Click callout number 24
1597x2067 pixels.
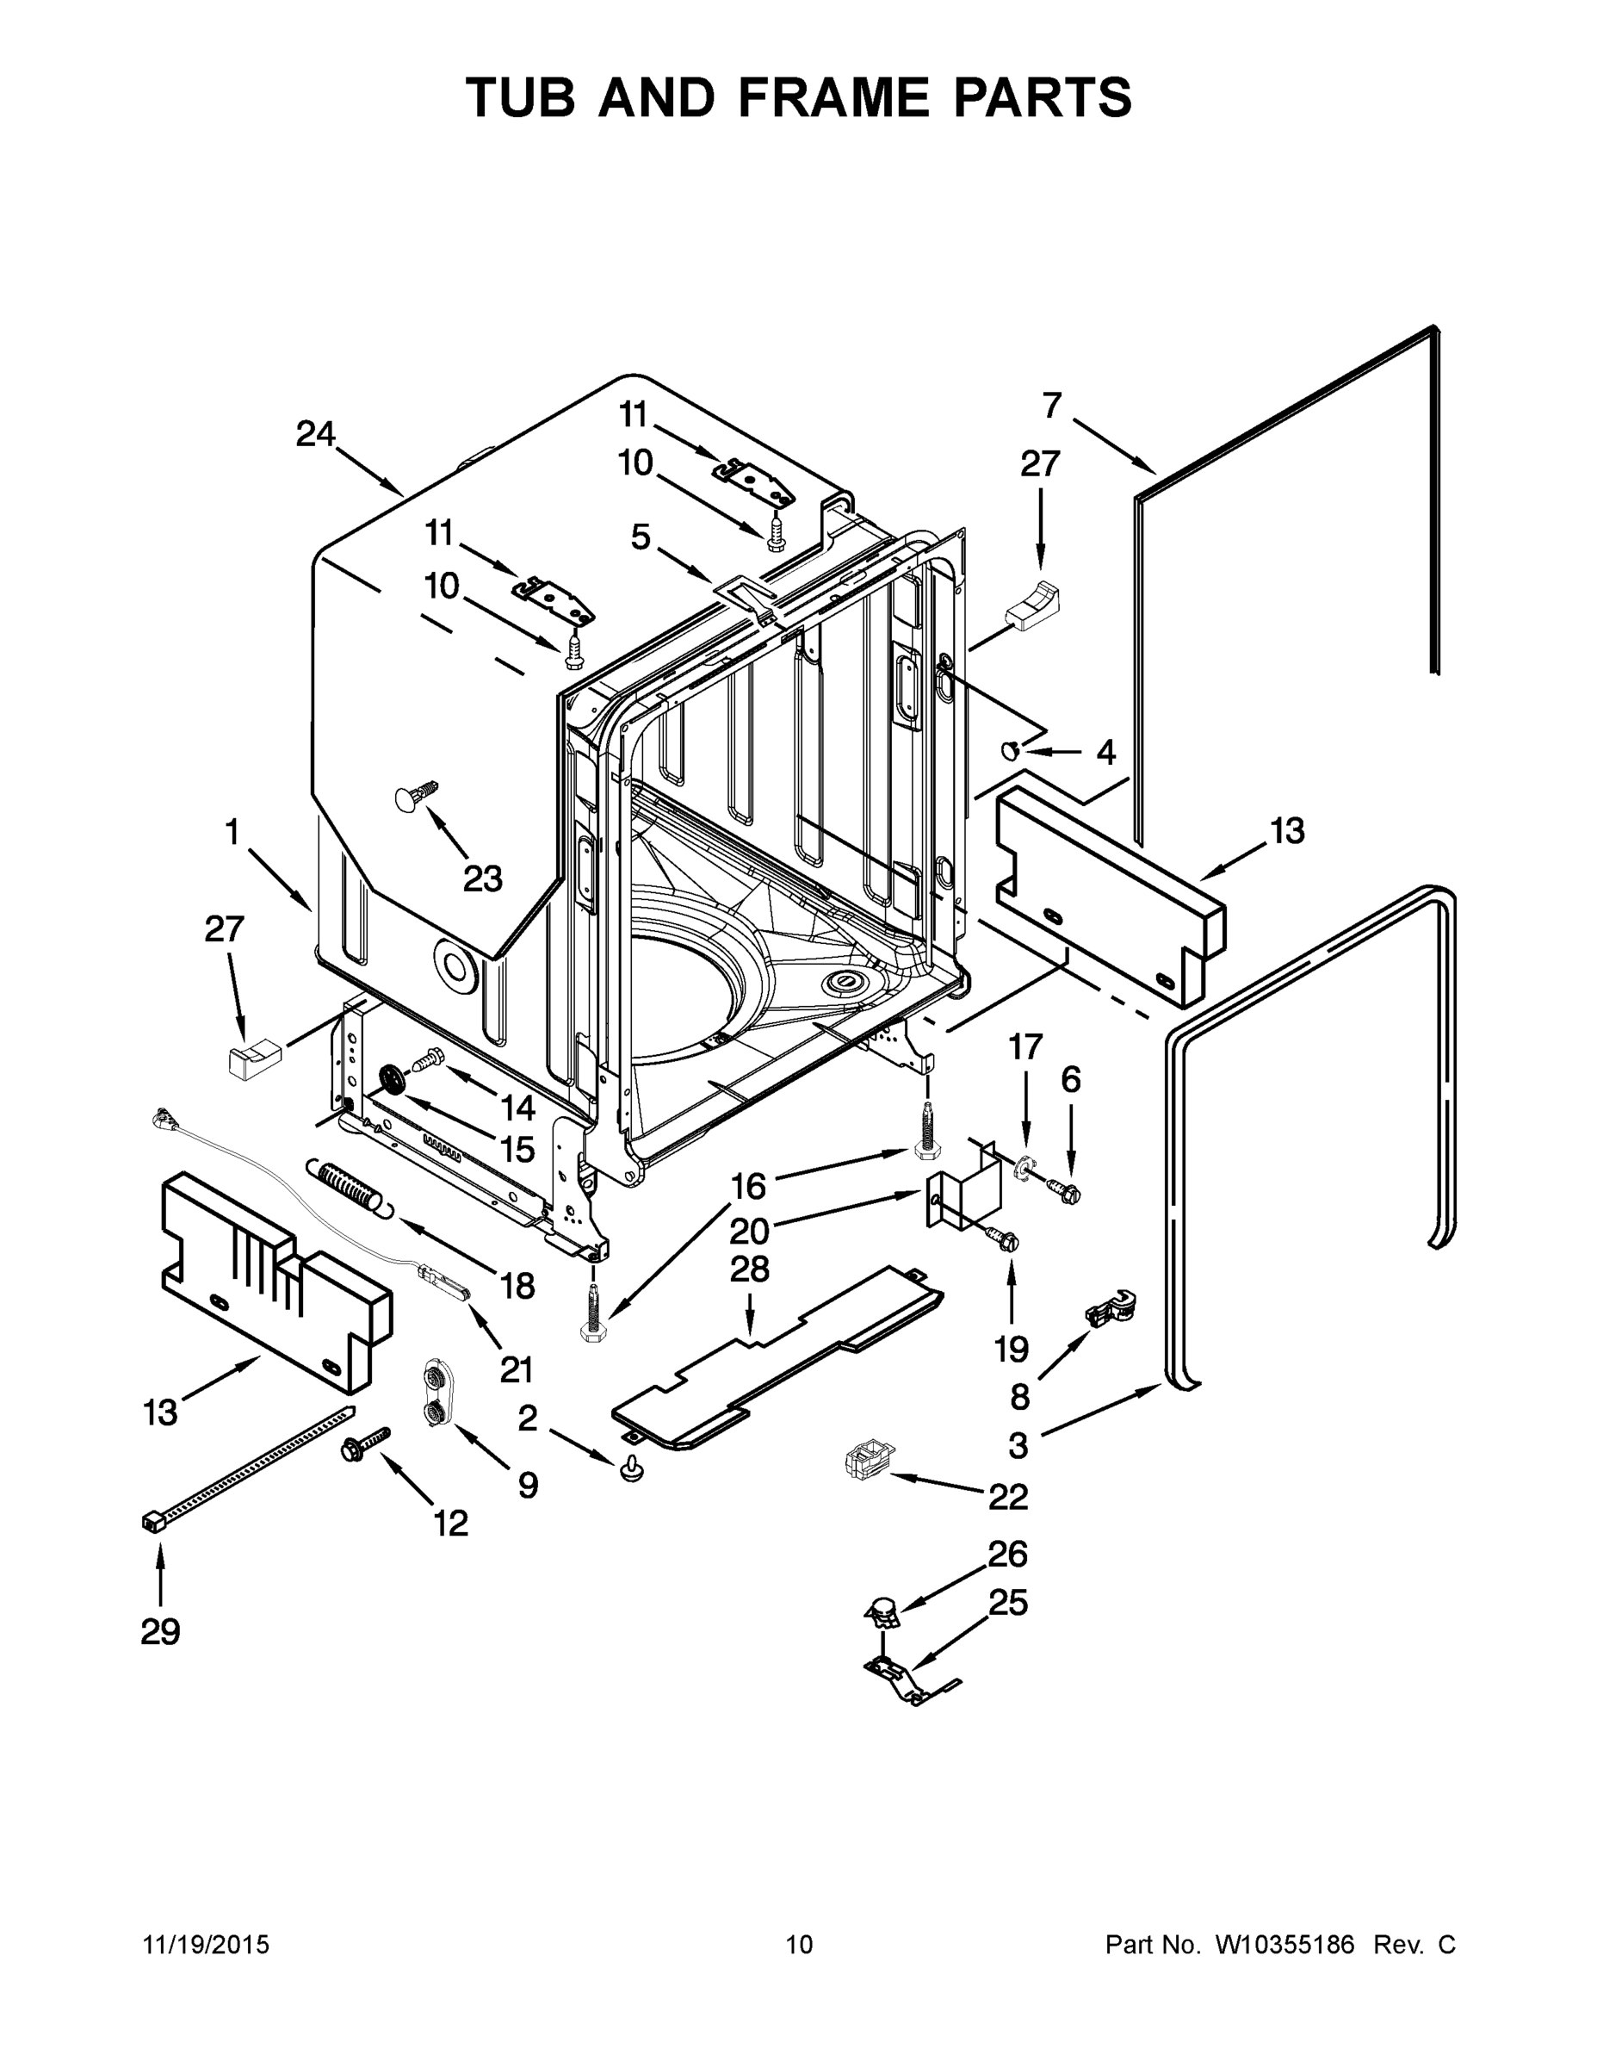(315, 434)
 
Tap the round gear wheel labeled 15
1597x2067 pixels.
(391, 1080)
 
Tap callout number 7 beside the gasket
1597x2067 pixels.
(1052, 405)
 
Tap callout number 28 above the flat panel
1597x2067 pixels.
(749, 1269)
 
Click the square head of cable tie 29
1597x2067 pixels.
(152, 1521)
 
